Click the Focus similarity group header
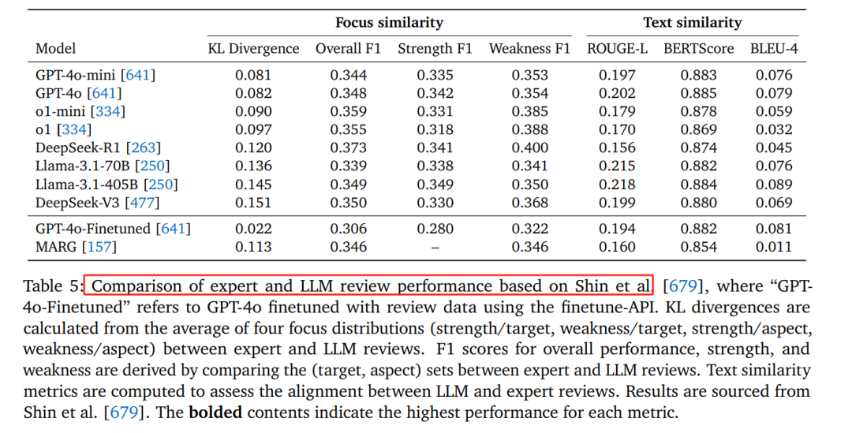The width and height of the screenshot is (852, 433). click(389, 22)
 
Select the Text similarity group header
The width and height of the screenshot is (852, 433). click(692, 22)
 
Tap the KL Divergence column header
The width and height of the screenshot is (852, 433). click(253, 49)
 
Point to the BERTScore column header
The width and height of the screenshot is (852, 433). click(698, 49)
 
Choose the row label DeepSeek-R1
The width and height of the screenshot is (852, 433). click(77, 147)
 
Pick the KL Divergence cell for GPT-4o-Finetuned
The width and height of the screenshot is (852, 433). click(252, 229)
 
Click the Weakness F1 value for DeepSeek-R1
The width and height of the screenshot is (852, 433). click(529, 147)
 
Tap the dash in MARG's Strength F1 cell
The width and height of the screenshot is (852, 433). click(435, 248)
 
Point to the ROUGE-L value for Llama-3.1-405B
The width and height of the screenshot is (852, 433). click(616, 185)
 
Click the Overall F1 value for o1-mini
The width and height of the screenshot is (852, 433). click(348, 111)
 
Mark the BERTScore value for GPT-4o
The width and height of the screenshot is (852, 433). click(698, 94)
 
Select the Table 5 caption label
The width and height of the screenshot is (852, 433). click(54, 286)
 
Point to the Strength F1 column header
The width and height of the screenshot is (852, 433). click(435, 49)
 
